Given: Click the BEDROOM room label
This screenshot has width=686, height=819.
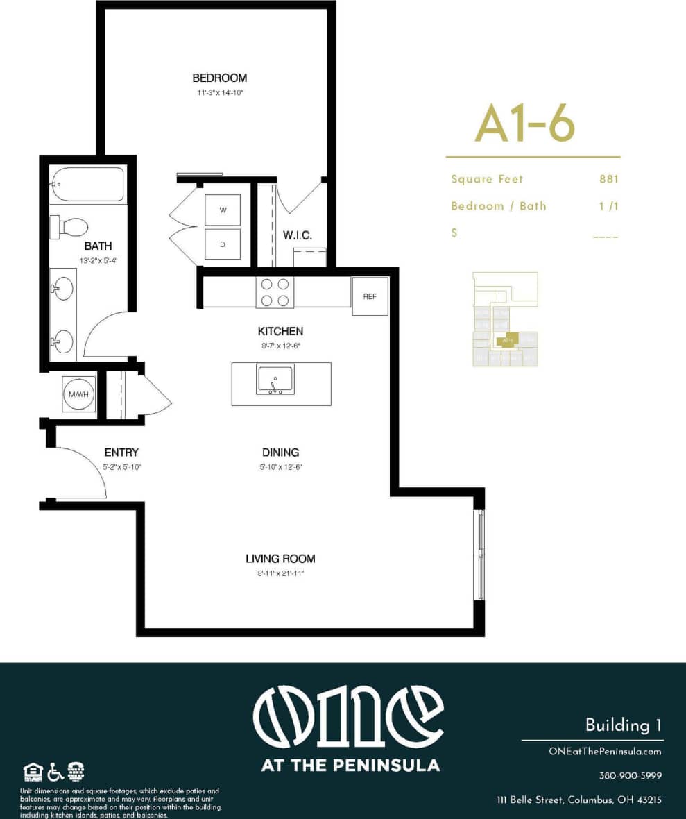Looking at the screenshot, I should (219, 78).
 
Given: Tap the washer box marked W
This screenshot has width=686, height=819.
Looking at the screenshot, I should (223, 210).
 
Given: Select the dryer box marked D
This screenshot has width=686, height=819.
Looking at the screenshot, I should (223, 244).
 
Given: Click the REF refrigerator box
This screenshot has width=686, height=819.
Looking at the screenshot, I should (370, 296).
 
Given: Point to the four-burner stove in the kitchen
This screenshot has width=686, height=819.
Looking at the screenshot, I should (275, 292).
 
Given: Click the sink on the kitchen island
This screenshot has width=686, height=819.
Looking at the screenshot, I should (275, 380).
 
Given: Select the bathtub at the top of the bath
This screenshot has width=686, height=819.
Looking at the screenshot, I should (87, 184).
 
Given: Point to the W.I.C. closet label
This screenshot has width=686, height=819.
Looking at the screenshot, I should (297, 236).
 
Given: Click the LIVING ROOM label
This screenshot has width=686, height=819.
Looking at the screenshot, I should (280, 558).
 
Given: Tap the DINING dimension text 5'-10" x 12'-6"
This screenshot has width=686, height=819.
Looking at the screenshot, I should (280, 467).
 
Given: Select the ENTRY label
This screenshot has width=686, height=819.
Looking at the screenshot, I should (121, 452).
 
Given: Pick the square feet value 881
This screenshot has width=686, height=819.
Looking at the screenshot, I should (608, 179).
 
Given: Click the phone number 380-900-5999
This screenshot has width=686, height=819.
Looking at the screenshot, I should (630, 775).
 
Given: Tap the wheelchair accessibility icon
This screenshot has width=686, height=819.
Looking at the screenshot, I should (56, 771).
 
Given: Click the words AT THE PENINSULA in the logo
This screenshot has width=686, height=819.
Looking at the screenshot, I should (350, 766).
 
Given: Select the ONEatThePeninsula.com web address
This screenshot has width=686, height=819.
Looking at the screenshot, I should (604, 751).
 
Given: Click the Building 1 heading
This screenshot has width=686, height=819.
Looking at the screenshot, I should (623, 725).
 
